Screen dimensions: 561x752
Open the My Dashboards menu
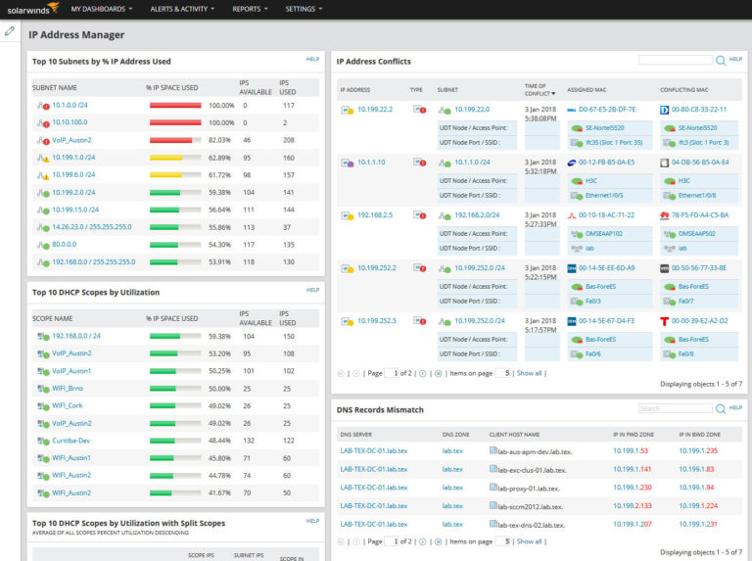click(101, 9)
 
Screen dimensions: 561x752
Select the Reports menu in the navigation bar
click(249, 9)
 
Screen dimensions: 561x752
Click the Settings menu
click(303, 9)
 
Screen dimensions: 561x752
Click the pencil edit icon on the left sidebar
click(10, 31)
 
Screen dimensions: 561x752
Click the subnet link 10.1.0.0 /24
click(70, 105)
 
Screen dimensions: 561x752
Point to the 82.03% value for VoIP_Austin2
click(221, 140)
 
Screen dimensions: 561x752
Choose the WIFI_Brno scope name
click(70, 389)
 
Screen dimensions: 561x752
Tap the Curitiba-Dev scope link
click(71, 441)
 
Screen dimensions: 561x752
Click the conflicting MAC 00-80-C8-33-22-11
click(699, 110)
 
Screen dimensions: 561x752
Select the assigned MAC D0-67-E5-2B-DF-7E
click(606, 110)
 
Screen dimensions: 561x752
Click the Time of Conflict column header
click(536, 89)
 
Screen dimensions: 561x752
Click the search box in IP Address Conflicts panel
click(675, 60)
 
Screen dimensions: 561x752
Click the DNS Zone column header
click(455, 433)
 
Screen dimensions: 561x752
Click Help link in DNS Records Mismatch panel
click(735, 407)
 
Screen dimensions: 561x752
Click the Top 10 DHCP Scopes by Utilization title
click(96, 292)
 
